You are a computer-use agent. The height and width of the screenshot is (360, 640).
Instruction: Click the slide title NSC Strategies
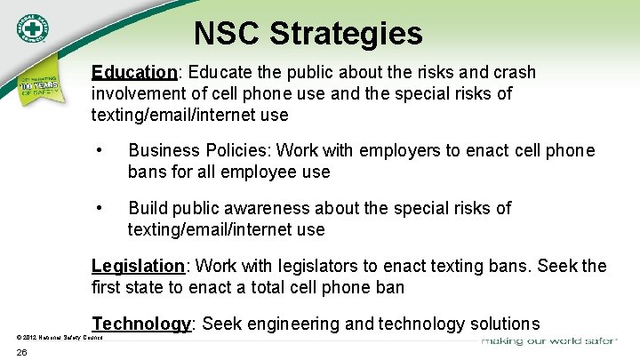click(x=308, y=34)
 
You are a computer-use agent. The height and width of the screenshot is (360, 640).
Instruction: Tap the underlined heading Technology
click(x=142, y=324)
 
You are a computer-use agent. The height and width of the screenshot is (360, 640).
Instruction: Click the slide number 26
click(x=23, y=353)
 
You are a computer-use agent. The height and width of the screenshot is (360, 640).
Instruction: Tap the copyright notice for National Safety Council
click(x=60, y=338)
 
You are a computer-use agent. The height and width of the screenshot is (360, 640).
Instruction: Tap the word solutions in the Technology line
click(x=504, y=324)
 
